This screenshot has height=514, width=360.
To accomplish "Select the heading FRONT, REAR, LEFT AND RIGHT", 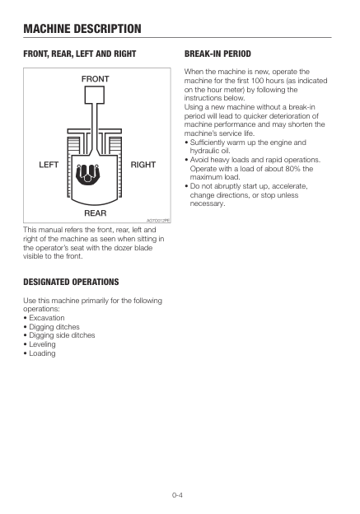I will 80,54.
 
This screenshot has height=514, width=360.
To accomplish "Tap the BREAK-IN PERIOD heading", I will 217,54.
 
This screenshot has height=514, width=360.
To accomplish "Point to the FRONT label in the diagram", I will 96,78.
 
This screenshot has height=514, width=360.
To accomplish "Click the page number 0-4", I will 177,495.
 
